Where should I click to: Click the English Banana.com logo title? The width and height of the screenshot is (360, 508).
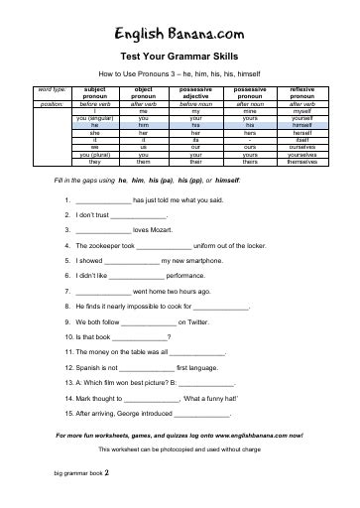(180, 34)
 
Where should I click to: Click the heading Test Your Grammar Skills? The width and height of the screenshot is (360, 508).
(180, 58)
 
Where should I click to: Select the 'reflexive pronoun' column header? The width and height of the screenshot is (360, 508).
(296, 93)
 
